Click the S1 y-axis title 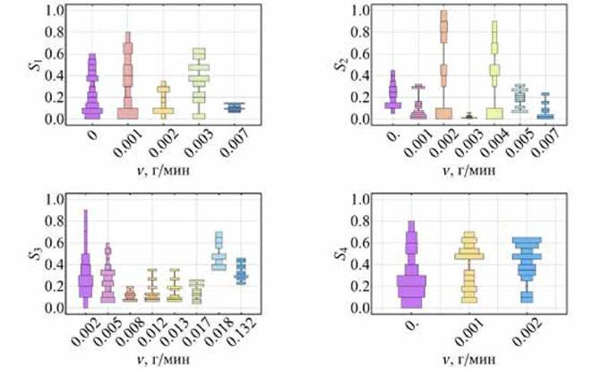pos(34,64)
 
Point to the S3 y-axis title pos(34,253)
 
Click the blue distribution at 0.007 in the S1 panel pos(234,107)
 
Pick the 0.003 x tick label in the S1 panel pos(199,142)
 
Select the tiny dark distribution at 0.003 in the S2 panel pos(469,116)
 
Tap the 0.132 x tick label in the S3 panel pos(242,331)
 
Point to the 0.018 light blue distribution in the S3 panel pos(219,251)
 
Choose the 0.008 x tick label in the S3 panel pos(131,331)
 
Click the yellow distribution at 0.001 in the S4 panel pos(469,267)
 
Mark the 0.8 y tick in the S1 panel pos(54,32)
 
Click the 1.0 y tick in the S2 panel pos(360,11)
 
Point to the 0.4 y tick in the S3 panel pos(54,264)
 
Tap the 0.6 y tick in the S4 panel pos(360,243)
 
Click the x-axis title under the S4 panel pos(469,359)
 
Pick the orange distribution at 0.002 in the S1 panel pos(163,100)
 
